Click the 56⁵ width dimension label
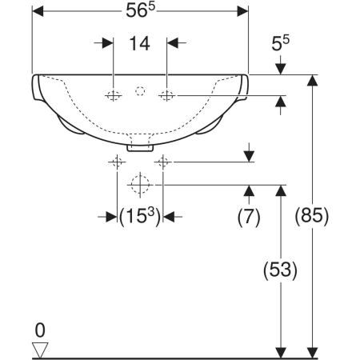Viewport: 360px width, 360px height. [x=140, y=10]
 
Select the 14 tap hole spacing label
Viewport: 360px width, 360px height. [x=139, y=43]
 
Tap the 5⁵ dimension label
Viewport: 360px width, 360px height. [x=280, y=43]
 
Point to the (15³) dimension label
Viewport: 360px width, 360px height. [x=140, y=216]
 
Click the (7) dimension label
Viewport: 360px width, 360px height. [x=249, y=217]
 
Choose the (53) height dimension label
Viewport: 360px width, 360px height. [x=280, y=270]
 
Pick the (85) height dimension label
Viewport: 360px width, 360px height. [x=312, y=216]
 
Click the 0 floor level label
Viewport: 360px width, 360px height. [x=40, y=330]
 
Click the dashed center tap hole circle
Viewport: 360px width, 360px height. [x=140, y=91]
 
